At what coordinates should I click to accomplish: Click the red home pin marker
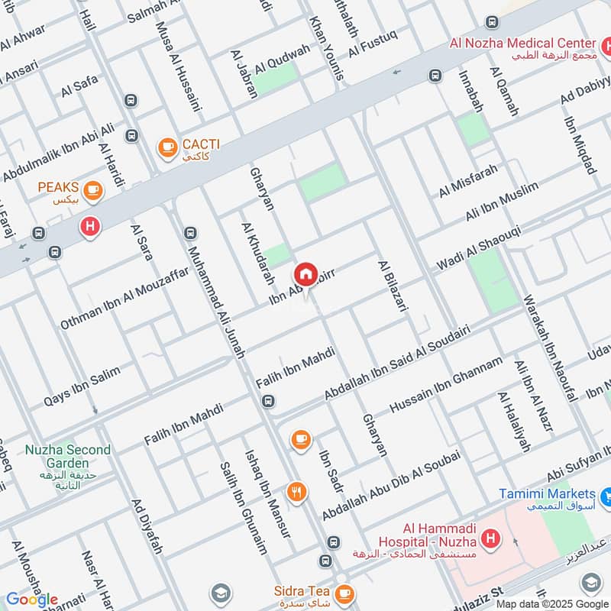(305, 274)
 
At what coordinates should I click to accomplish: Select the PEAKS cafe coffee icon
(92, 189)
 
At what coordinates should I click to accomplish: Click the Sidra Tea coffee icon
(344, 593)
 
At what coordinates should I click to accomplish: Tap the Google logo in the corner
(31, 600)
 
